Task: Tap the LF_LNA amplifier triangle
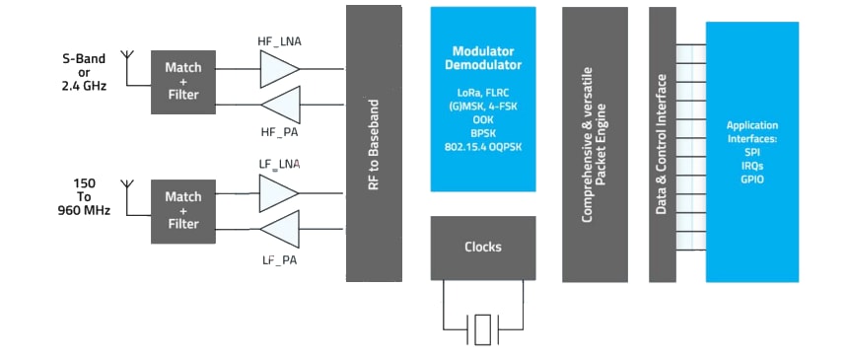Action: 277,192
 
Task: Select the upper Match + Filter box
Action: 182,82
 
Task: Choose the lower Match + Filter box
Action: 182,210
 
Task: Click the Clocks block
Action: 483,248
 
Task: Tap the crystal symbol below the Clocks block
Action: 482,328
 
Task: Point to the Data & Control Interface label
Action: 663,144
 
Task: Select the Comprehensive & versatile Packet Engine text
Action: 594,144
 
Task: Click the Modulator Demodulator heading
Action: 483,57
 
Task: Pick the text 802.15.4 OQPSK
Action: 483,147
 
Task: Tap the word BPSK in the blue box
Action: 483,133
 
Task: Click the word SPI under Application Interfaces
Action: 752,155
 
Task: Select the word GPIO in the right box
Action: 752,180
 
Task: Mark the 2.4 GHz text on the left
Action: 83,85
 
